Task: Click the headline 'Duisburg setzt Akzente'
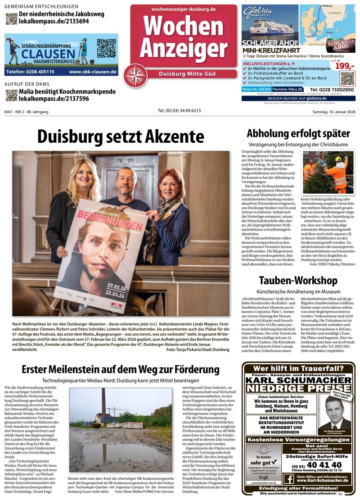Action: pyautogui.click(x=121, y=136)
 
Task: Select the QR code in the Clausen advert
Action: pyautogui.click(x=106, y=48)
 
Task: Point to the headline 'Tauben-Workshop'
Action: pyautogui.click(x=298, y=281)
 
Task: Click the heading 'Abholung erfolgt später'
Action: pyautogui.click(x=298, y=133)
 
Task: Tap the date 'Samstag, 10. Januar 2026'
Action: pyautogui.click(x=333, y=112)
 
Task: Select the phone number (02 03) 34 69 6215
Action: pyautogui.click(x=179, y=111)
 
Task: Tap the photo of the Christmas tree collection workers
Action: pyautogui.click(x=328, y=173)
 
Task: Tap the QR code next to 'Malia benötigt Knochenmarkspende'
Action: pyautogui.click(x=11, y=95)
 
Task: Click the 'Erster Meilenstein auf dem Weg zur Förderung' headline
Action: pyautogui.click(x=121, y=370)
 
